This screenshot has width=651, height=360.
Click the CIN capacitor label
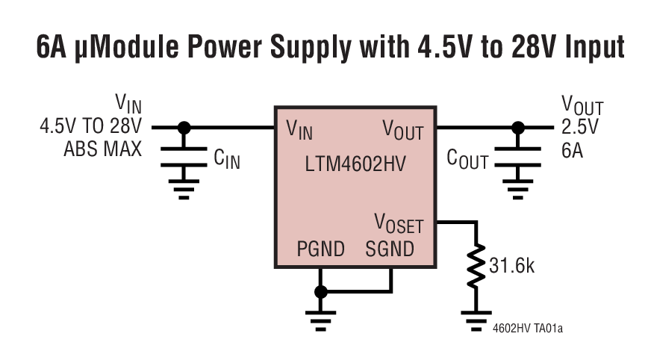(x=227, y=159)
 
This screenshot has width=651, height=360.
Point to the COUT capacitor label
(x=467, y=159)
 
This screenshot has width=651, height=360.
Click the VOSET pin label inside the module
(x=399, y=223)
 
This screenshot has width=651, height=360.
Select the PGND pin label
(x=320, y=249)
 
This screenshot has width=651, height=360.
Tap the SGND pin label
(x=390, y=249)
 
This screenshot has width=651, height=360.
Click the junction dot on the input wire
(x=184, y=128)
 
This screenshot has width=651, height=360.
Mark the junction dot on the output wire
(x=516, y=128)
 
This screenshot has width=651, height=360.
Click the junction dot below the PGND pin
(x=321, y=291)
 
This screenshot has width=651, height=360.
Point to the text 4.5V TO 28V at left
(x=90, y=127)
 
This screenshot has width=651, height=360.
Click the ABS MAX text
(x=102, y=149)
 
